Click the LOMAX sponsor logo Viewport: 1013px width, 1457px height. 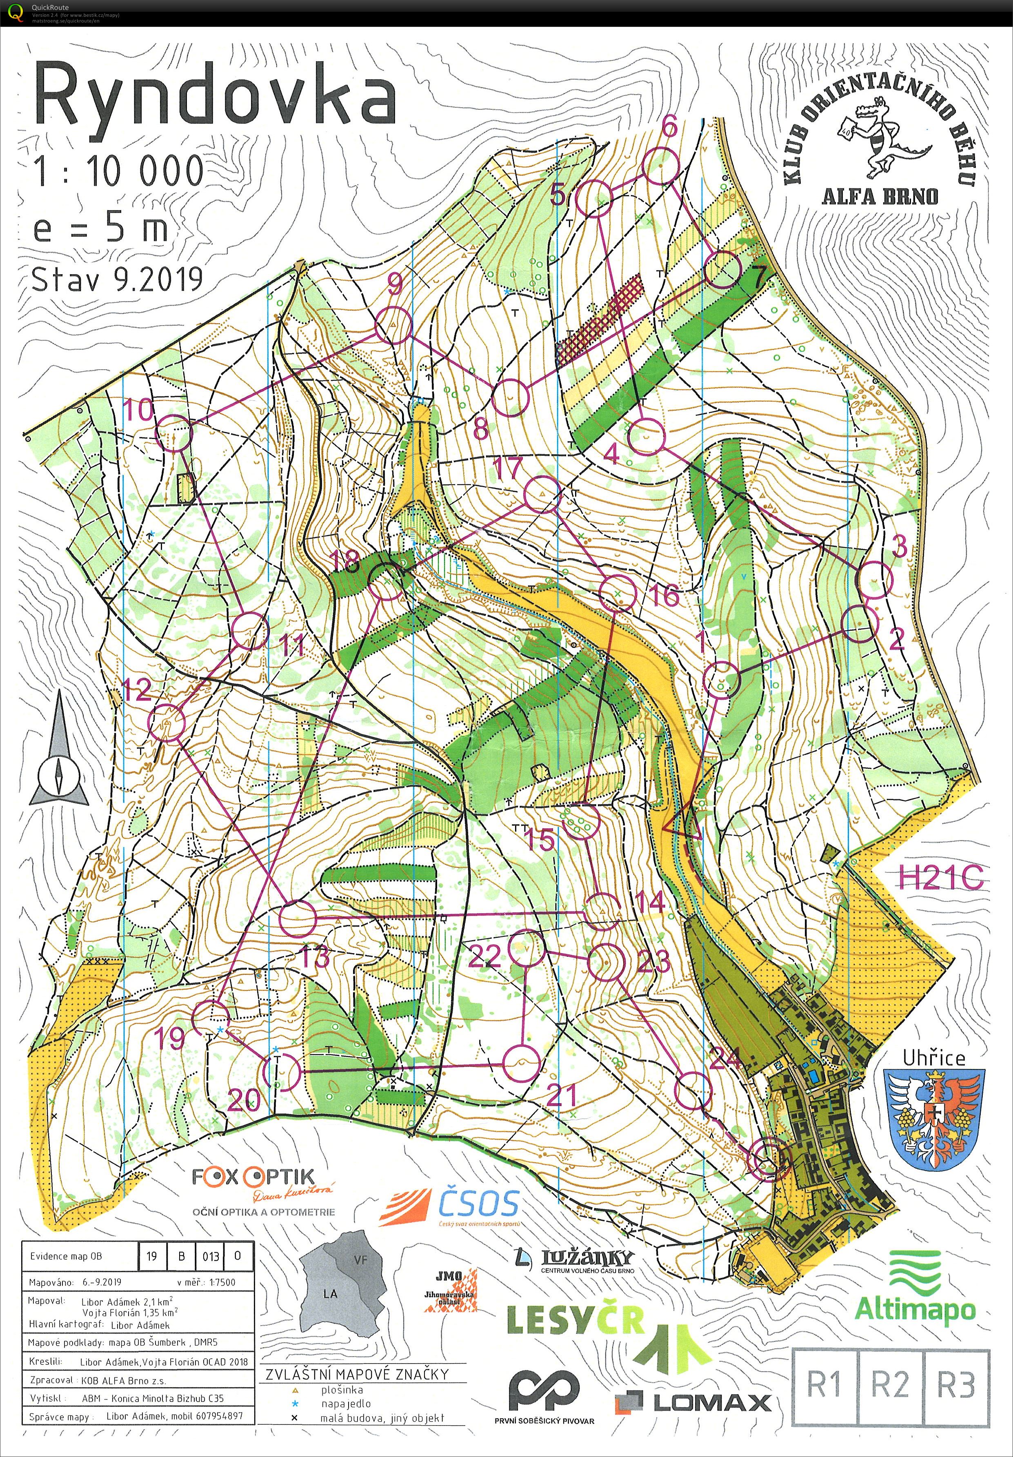coord(693,1399)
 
